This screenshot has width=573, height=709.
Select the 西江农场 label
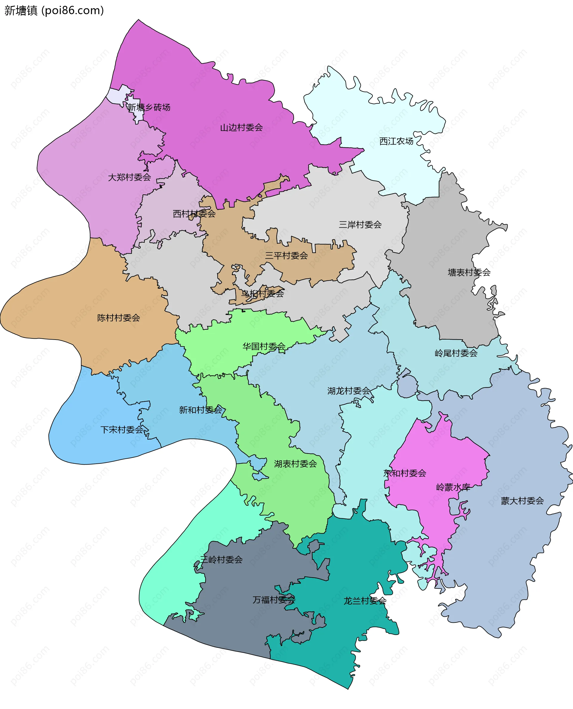coord(396,141)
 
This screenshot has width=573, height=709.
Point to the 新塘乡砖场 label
coord(149,107)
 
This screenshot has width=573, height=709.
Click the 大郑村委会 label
coord(130,177)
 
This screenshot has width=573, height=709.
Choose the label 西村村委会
coord(194,214)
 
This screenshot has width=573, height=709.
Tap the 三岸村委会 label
coord(360,225)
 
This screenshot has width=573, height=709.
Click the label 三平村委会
coord(286,255)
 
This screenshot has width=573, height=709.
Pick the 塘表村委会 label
coord(469,272)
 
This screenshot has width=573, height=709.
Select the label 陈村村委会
coord(118,318)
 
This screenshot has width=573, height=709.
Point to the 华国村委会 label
coord(264,346)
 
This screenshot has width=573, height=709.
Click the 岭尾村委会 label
coord(456,353)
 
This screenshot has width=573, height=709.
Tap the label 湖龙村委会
coord(349,391)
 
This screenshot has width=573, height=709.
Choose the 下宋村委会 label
coord(122,430)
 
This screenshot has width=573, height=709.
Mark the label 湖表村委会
coord(295,464)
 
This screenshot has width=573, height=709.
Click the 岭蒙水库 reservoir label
coord(453,487)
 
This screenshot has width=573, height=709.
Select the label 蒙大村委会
coord(522,501)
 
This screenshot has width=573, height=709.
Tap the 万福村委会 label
coord(274,600)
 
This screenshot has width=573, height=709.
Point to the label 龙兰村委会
coord(365,601)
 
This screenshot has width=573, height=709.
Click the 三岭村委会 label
coord(221,560)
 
